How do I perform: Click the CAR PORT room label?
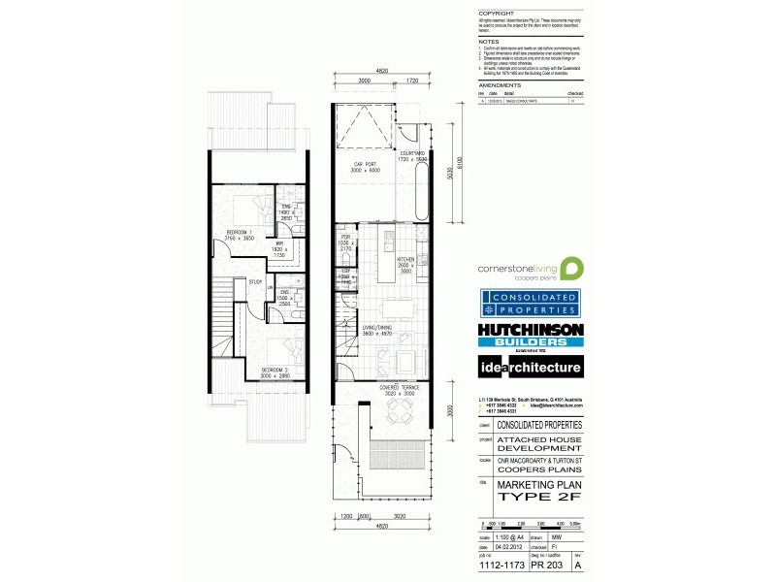(x=364, y=166)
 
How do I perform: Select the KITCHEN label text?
(x=407, y=259)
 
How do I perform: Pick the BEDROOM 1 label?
(x=239, y=233)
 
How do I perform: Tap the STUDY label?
(x=255, y=282)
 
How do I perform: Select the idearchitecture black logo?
(x=529, y=368)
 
